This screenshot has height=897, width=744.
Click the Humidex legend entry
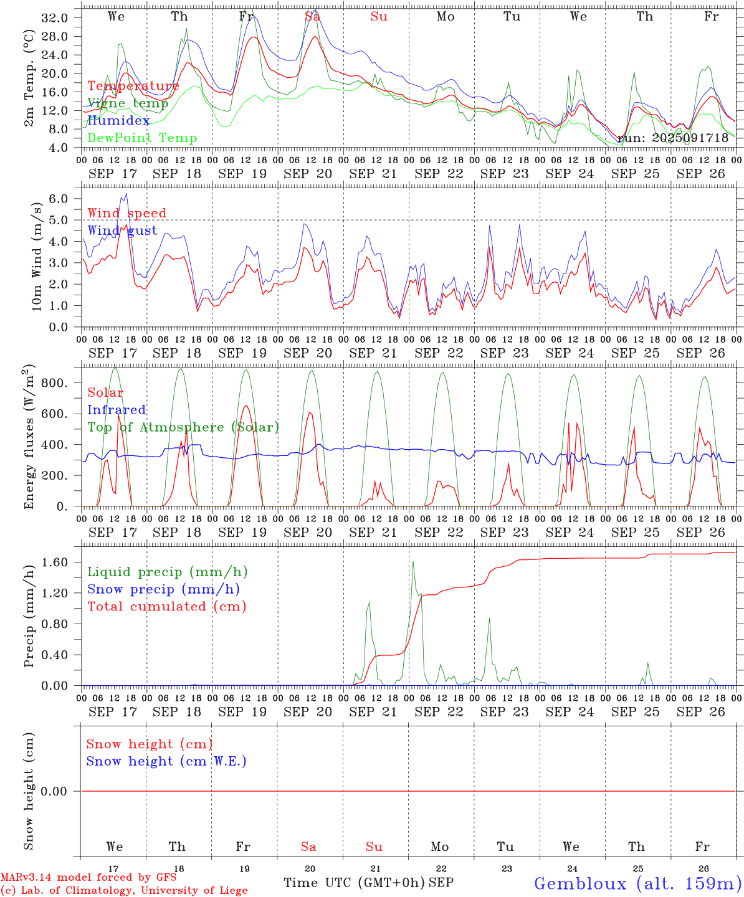[x=118, y=120]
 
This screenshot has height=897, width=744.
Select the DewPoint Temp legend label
[x=142, y=138]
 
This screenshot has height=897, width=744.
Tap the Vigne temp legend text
[x=128, y=103]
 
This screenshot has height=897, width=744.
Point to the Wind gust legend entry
[x=122, y=230]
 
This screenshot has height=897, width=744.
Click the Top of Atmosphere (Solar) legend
[x=183, y=427]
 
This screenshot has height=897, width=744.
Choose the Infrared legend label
[x=117, y=410]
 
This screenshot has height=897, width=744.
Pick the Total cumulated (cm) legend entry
[x=166, y=606]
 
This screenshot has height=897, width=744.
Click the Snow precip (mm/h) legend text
[x=163, y=589]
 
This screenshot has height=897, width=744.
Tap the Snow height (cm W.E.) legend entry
[x=166, y=761]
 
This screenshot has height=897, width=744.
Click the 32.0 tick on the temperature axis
[x=54, y=17]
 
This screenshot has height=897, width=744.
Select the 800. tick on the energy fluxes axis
[x=54, y=382]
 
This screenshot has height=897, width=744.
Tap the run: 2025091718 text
[x=672, y=138]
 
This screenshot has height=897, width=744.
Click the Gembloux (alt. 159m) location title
[x=637, y=883]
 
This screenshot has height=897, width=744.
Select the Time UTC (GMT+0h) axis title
[x=354, y=883]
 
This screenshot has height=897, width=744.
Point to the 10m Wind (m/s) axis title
[x=37, y=256]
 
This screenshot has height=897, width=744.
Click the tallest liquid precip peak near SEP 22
[x=413, y=562]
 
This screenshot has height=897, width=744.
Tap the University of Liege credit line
[x=124, y=890]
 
